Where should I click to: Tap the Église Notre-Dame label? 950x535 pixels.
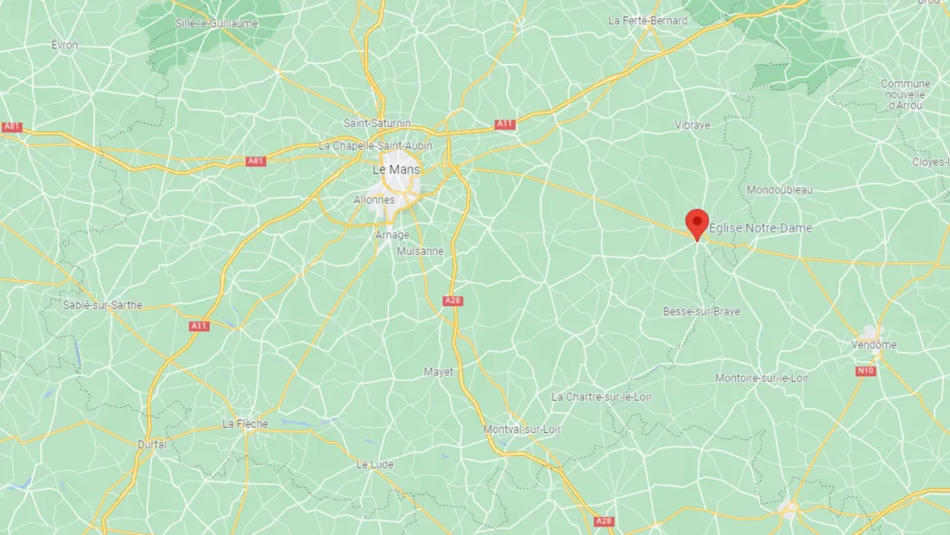(x=760, y=228)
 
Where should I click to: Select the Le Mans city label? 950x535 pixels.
(x=396, y=170)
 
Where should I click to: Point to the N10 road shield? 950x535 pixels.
(x=865, y=371)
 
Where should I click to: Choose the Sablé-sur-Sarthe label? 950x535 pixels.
(x=103, y=305)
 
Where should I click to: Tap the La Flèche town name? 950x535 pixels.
(x=245, y=424)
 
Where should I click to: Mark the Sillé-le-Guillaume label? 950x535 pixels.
(x=216, y=23)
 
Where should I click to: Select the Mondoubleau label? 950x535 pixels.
(x=780, y=189)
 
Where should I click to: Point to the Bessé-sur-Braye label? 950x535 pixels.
(x=701, y=311)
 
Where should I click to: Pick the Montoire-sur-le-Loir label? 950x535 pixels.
(x=762, y=378)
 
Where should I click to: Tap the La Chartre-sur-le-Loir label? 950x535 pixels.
(x=602, y=397)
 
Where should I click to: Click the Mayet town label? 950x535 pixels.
(x=438, y=372)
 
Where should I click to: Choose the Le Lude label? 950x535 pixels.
(x=375, y=464)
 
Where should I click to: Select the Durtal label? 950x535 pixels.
(x=152, y=444)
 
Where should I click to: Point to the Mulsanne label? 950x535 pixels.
(x=420, y=252)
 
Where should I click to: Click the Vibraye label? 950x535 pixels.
(x=692, y=125)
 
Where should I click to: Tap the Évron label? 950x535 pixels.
(x=65, y=45)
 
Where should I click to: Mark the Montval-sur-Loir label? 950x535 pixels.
(x=522, y=430)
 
